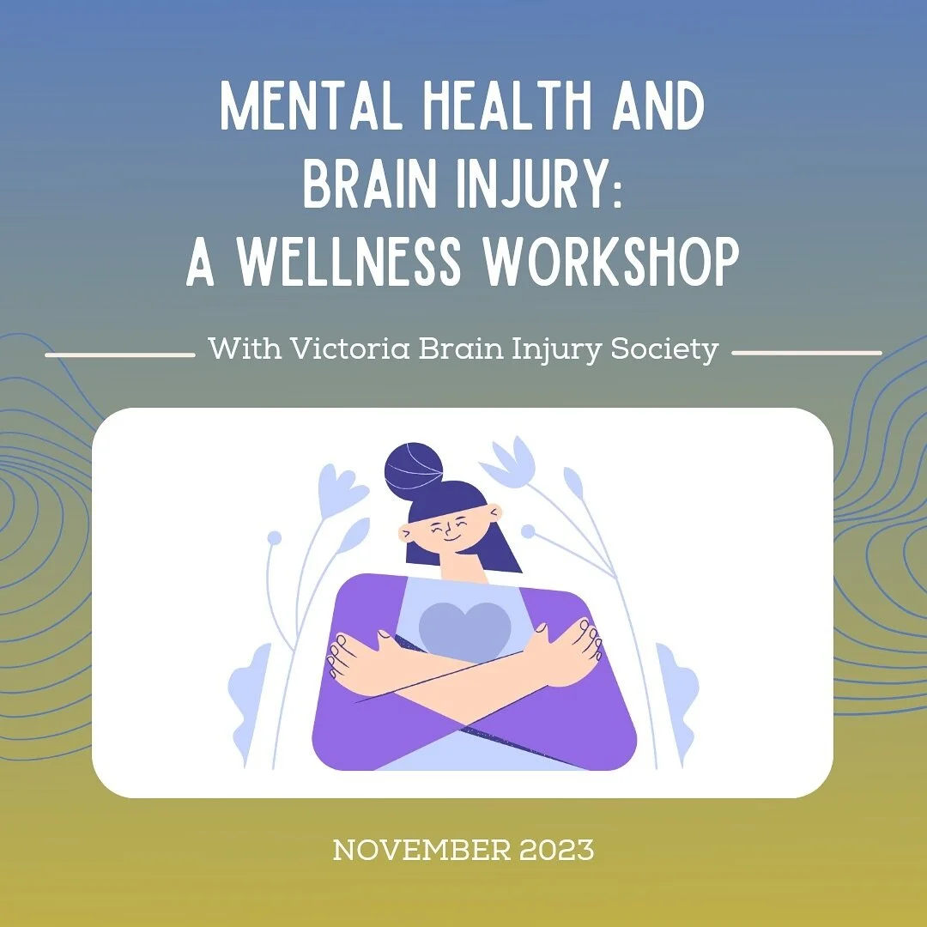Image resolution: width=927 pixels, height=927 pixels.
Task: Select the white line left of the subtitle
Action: (x=119, y=353)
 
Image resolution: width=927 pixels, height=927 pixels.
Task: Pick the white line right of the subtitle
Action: (x=807, y=353)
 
